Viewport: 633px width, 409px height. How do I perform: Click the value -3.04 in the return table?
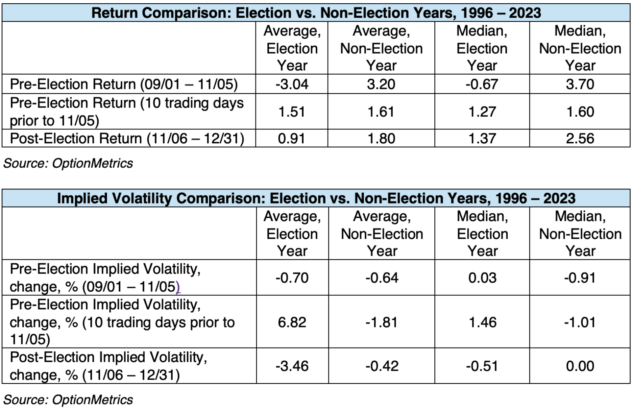point(292,84)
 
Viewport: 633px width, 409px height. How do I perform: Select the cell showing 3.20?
point(381,84)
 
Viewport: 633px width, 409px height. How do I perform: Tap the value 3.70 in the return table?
point(580,84)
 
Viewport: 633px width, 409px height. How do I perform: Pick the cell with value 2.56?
point(580,138)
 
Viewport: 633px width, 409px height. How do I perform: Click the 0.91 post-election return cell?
point(292,138)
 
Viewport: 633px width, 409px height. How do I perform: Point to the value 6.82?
point(292,322)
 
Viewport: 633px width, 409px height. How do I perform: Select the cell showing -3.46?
point(292,366)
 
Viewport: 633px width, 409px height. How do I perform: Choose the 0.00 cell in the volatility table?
point(580,366)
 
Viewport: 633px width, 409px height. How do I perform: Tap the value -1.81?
point(381,322)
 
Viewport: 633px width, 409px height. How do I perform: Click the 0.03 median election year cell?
point(482,277)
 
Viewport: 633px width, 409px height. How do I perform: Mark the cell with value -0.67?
point(482,84)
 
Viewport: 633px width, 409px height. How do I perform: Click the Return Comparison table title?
point(316,13)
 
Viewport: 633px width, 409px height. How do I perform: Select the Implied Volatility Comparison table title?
point(316,198)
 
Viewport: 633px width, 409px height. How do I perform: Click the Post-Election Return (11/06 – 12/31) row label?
point(127,138)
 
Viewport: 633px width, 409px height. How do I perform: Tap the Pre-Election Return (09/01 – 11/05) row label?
point(124,84)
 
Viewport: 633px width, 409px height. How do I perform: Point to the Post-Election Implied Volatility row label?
point(108,366)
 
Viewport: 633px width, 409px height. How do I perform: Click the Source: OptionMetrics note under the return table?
point(68,163)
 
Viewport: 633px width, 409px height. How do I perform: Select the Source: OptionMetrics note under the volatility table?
point(68,400)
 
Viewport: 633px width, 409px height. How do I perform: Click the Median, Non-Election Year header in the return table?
point(580,48)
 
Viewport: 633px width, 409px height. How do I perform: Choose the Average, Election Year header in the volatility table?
point(292,234)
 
